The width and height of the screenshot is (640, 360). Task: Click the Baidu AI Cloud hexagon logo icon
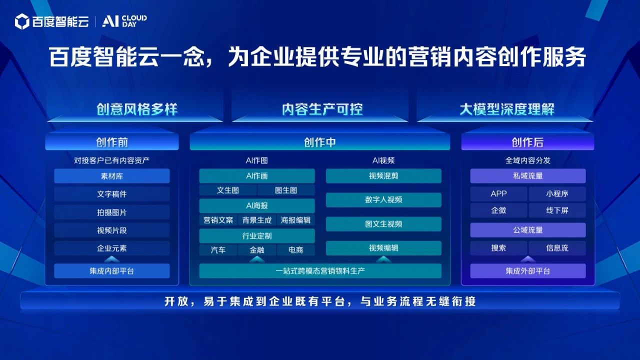(x=22, y=21)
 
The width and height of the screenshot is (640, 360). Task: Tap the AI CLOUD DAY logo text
(x=124, y=21)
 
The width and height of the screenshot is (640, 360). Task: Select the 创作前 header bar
(x=112, y=142)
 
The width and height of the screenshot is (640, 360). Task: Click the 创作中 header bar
(x=319, y=142)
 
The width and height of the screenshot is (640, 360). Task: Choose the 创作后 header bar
(x=527, y=142)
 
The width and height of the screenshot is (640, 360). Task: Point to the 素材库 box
(x=112, y=176)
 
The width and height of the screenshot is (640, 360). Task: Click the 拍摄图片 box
(x=112, y=212)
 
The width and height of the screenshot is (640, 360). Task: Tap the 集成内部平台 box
(x=112, y=271)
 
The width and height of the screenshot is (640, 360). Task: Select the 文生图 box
(x=227, y=190)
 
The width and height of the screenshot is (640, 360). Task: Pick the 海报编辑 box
(x=295, y=220)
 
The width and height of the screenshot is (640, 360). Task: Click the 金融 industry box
(x=257, y=250)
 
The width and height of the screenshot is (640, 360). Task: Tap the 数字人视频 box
(x=383, y=199)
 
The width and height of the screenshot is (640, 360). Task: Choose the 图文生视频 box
(x=383, y=224)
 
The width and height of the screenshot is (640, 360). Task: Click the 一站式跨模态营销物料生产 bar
(x=320, y=271)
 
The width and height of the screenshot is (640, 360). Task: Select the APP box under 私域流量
(x=498, y=193)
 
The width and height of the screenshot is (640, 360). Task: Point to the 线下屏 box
(x=557, y=210)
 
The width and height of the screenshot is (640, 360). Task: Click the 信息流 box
(x=557, y=247)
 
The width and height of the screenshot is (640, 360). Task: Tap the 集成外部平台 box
(x=527, y=271)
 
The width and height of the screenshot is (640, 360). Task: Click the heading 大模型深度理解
(x=507, y=109)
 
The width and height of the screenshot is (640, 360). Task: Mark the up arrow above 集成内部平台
(x=112, y=259)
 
